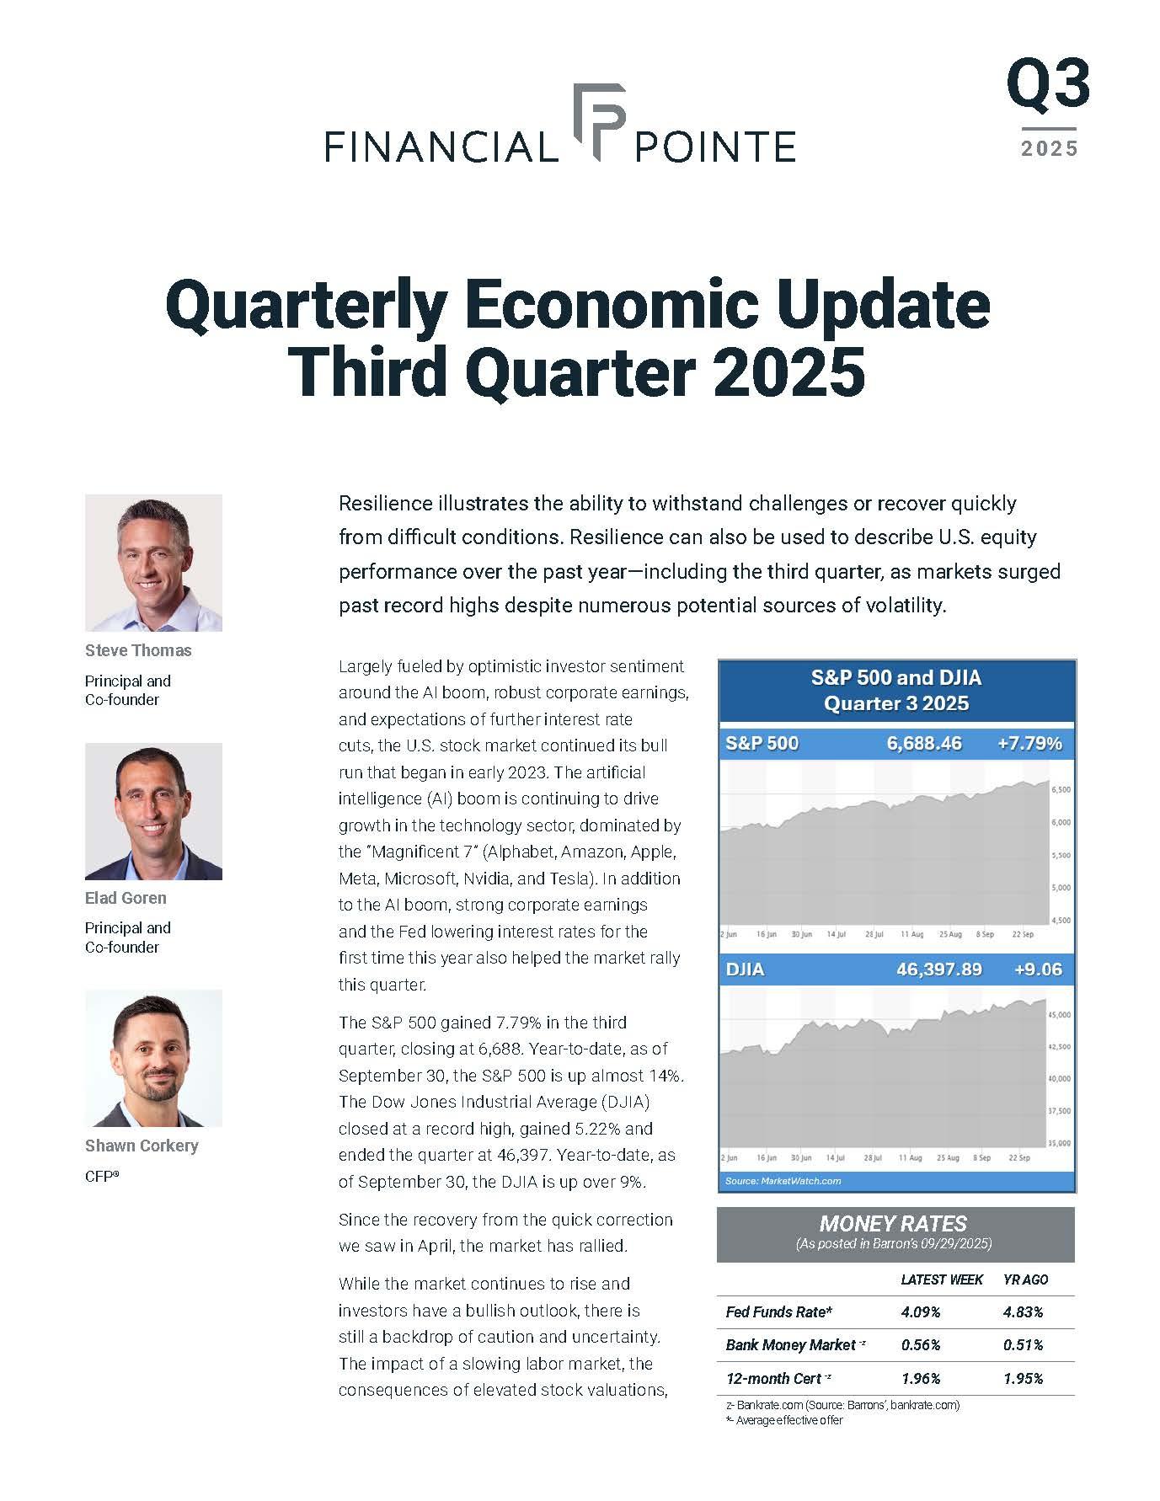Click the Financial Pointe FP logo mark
599,121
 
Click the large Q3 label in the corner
1048,86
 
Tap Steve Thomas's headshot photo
153,562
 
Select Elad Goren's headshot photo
153,810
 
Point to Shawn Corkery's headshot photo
153,1057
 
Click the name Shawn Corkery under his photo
142,1146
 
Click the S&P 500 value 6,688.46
924,743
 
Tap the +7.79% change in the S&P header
1029,743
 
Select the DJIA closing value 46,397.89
938,970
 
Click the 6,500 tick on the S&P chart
1061,790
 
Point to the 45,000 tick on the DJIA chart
1059,1015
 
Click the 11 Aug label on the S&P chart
911,934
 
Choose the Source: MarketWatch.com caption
783,1181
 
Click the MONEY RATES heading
893,1224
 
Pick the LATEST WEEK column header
942,1279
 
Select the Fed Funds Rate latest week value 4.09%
921,1311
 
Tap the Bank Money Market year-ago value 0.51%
1023,1345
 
